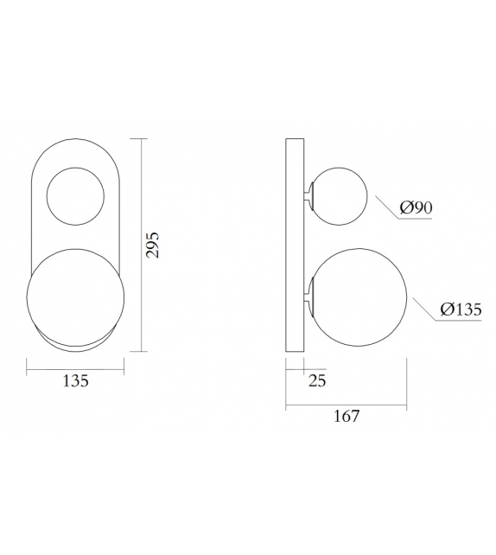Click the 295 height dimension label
[x=152, y=246]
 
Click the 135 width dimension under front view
[x=76, y=381]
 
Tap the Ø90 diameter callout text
[x=416, y=207]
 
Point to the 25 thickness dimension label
[x=316, y=381]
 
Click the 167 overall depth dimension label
[x=346, y=416]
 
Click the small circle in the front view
[x=76, y=196]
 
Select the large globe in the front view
[x=76, y=294]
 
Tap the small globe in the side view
[x=340, y=197]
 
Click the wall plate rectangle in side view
[x=295, y=246]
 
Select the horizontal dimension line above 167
[x=346, y=404]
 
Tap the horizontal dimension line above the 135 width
[x=76, y=371]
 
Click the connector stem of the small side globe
[x=308, y=197]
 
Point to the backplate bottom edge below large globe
[x=76, y=350]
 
